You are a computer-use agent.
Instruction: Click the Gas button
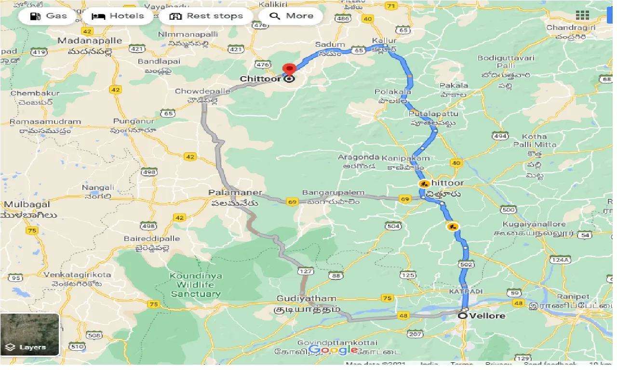click(48, 16)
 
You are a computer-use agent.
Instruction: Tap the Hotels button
click(118, 16)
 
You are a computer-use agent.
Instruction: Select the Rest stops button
click(206, 16)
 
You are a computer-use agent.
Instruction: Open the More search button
click(291, 16)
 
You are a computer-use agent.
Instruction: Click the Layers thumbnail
click(30, 334)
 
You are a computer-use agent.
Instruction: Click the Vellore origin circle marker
click(463, 316)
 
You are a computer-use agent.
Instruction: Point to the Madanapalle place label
click(84, 40)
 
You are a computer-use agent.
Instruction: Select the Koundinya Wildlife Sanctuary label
click(196, 285)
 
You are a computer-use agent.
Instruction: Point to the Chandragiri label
click(571, 27)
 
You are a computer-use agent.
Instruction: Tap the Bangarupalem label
click(333, 193)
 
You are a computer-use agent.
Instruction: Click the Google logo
click(333, 350)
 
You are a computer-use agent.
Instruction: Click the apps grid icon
click(582, 15)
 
